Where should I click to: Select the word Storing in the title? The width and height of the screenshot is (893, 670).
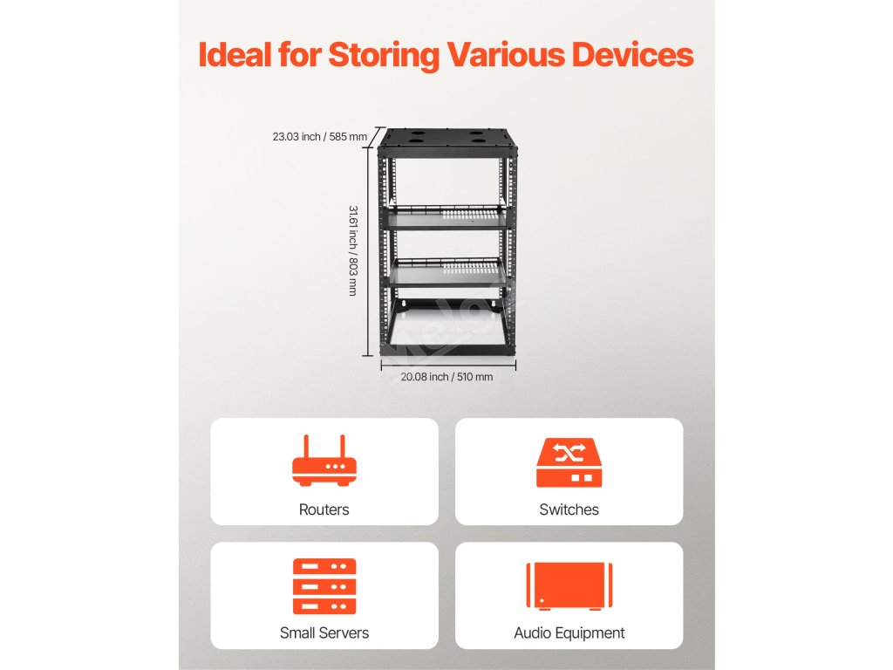[x=384, y=54]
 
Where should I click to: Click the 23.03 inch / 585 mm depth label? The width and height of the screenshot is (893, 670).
[x=319, y=136]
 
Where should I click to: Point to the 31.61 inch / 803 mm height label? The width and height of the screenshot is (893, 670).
[x=352, y=250]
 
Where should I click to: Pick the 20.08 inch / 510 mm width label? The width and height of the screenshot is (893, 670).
[x=446, y=377]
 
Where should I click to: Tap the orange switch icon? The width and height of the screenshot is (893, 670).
[x=569, y=462]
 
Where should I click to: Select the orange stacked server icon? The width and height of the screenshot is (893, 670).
[x=324, y=586]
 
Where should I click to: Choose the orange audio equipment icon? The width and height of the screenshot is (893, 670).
[x=569, y=585]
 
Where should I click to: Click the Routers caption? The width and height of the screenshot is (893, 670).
[x=324, y=509]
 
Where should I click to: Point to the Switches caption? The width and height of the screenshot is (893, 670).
[x=569, y=509]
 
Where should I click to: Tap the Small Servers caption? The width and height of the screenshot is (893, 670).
[x=324, y=632]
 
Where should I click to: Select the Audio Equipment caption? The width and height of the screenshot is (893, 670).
[x=569, y=632]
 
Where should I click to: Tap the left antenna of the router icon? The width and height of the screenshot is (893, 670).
[x=306, y=447]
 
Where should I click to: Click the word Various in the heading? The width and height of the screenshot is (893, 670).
[x=505, y=54]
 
